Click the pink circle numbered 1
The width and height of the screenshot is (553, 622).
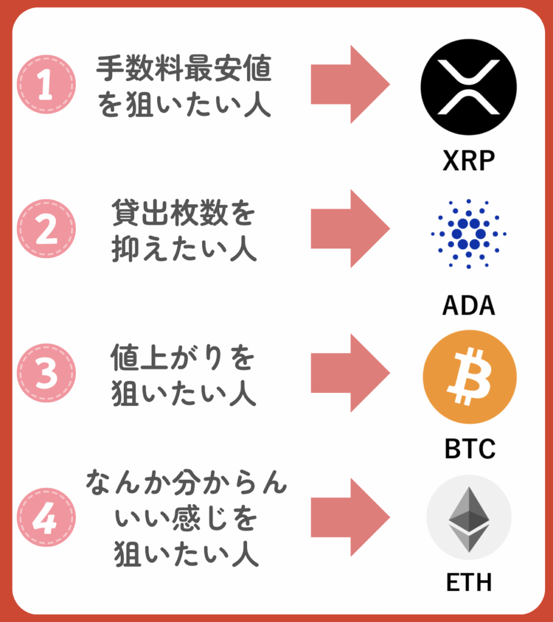click(46, 84)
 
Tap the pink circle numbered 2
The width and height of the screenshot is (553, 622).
click(46, 228)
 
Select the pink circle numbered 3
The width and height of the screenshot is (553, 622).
click(46, 373)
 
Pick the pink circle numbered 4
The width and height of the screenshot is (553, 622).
click(46, 518)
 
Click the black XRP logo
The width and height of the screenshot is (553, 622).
click(469, 87)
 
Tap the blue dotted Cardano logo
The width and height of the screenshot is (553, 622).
click(469, 234)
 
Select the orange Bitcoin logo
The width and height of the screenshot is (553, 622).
click(470, 377)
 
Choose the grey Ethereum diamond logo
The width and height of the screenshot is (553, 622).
click(469, 518)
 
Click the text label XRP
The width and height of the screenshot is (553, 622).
click(469, 160)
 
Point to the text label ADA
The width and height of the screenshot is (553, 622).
click(469, 305)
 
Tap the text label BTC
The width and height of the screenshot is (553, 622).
click(470, 449)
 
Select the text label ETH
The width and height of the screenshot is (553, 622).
click(469, 582)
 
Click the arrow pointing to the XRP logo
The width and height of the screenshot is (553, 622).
click(350, 84)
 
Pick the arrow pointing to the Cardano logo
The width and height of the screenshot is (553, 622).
click(350, 228)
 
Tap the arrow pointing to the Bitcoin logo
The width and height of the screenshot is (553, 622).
click(350, 373)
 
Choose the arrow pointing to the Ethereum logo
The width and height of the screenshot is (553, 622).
click(350, 518)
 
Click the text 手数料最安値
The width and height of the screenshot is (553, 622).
click(184, 68)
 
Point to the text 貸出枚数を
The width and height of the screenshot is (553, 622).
click(183, 213)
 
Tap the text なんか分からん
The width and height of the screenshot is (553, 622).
click(186, 482)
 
